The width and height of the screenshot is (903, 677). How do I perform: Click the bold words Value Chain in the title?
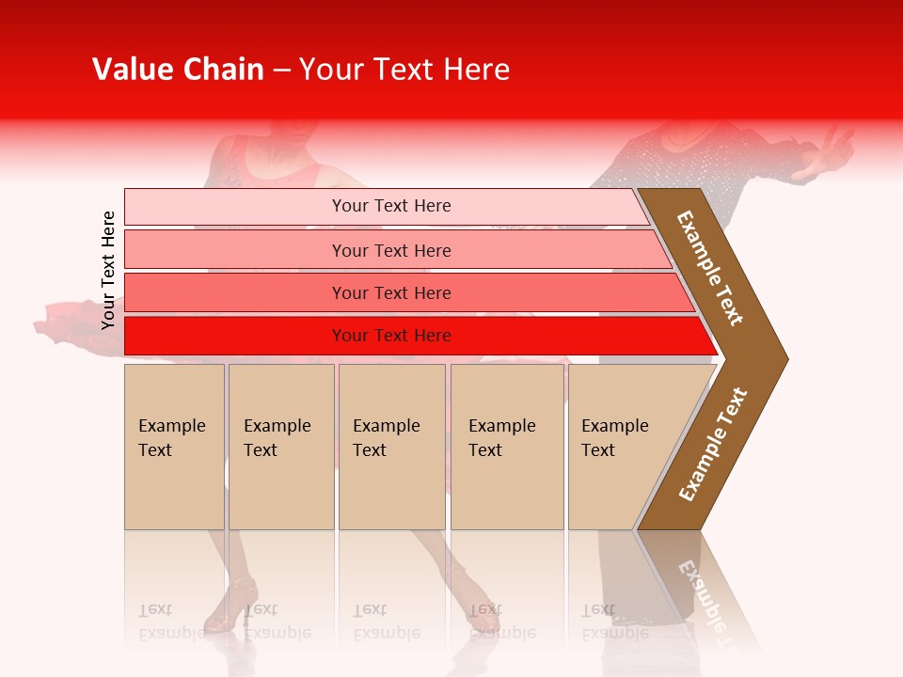(178, 70)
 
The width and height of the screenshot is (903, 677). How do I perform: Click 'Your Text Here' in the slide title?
(404, 70)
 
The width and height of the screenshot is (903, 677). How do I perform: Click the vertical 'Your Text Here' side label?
(108, 270)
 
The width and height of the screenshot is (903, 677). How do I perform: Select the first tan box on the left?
(174, 447)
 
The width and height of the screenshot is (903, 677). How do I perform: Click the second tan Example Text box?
(280, 447)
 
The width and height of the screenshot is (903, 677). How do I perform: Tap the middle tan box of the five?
(391, 447)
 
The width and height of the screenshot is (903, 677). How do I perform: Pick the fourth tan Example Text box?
(507, 447)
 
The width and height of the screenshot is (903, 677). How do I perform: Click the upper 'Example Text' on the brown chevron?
(710, 268)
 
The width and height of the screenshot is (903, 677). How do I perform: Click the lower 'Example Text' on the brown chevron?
(713, 445)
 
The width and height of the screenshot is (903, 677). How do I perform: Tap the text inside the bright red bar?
(391, 336)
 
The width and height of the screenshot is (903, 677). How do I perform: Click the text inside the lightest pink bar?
(391, 206)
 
